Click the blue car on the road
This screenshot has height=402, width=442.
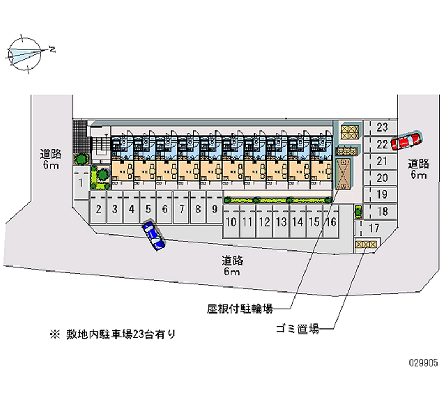pyautogui.click(x=154, y=235)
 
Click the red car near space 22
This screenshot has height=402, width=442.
pyautogui.click(x=406, y=141)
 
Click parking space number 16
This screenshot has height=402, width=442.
pyautogui.click(x=330, y=222)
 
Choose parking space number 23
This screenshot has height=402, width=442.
pyautogui.click(x=382, y=127)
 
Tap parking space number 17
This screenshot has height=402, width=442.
pyautogui.click(x=374, y=228)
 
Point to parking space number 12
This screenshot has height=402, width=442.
pyautogui.click(x=265, y=222)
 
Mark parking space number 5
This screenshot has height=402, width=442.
pyautogui.click(x=149, y=209)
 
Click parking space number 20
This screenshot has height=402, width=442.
pyautogui.click(x=382, y=178)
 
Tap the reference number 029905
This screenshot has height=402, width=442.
pyautogui.click(x=423, y=364)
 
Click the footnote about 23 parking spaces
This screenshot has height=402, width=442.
pyautogui.click(x=113, y=334)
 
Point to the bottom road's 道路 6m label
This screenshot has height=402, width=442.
pyautogui.click(x=233, y=266)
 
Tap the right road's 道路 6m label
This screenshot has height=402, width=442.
pyautogui.click(x=418, y=169)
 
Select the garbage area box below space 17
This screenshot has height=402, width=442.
pyautogui.click(x=366, y=244)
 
